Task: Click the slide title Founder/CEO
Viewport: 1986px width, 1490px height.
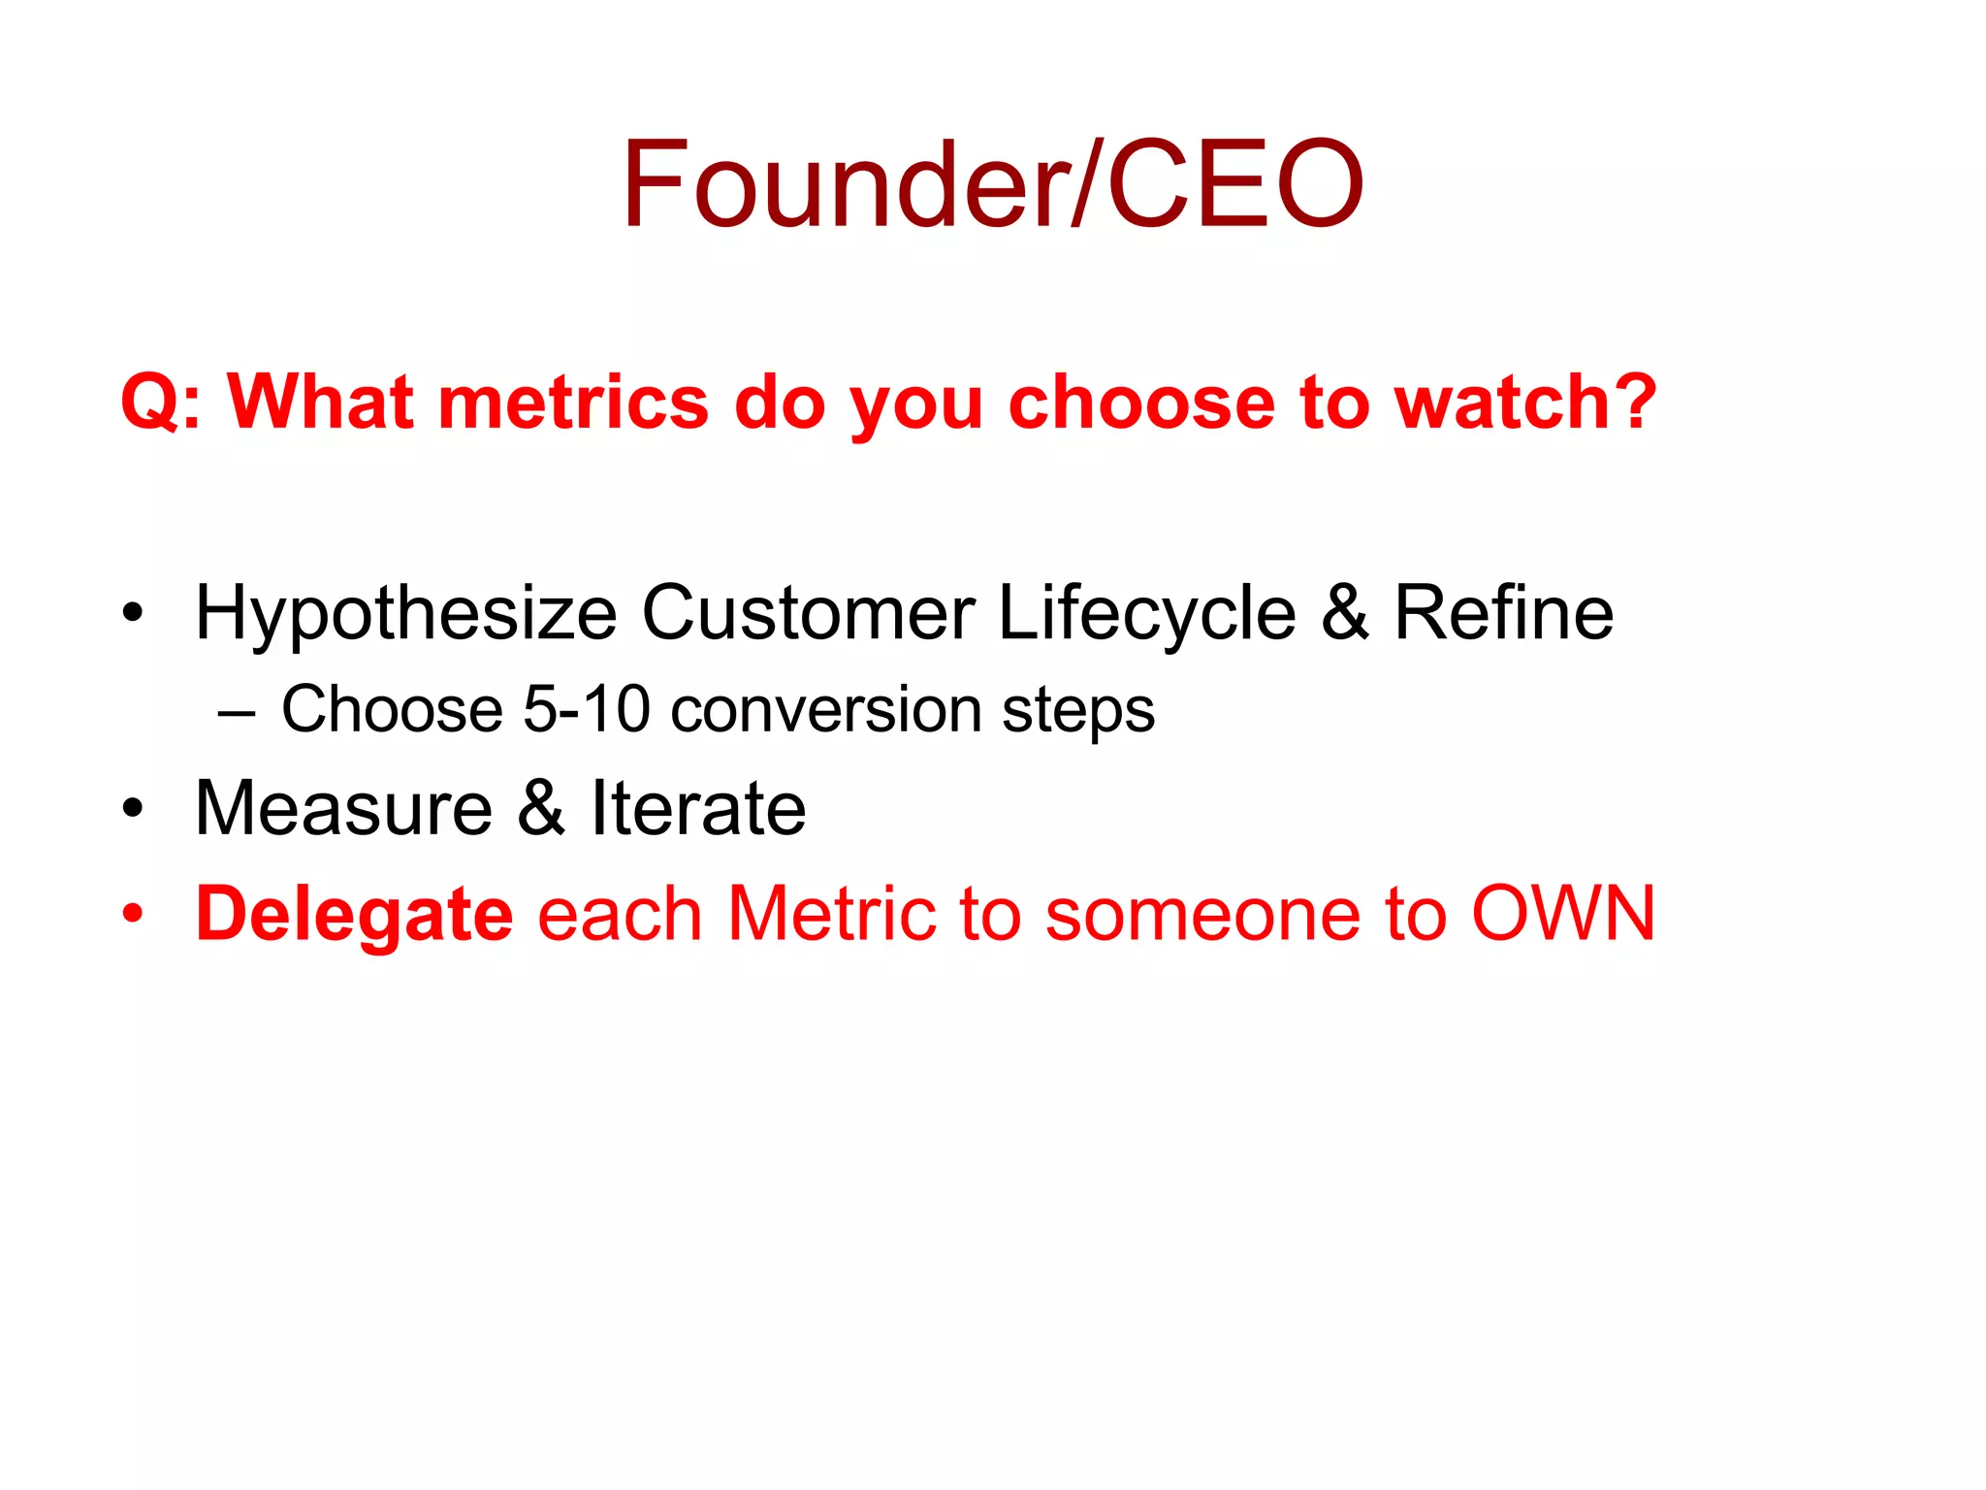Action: coord(993,184)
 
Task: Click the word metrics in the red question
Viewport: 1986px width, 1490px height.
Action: coord(573,402)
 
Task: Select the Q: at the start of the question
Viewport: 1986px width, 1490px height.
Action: coord(161,404)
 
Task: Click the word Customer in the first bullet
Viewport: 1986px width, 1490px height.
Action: coord(808,613)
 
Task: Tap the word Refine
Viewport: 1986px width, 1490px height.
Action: coord(1503,613)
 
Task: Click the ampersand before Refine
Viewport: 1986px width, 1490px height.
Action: coord(1345,613)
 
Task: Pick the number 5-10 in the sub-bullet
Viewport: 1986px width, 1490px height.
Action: coord(586,709)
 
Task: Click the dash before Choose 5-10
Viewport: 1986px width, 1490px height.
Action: coord(237,713)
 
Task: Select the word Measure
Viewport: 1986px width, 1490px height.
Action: coord(344,808)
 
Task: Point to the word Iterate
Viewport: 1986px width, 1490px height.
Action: coord(698,808)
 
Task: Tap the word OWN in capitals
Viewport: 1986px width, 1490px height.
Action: coord(1562,913)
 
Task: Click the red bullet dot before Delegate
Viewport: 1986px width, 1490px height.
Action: coord(133,913)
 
